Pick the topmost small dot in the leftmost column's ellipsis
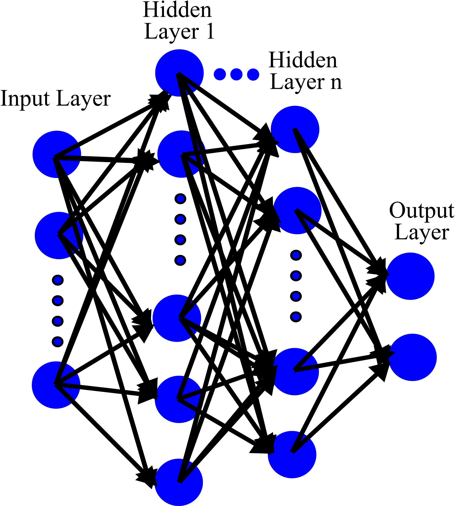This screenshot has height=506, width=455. [58, 280]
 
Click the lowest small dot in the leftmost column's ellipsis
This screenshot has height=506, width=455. [58, 342]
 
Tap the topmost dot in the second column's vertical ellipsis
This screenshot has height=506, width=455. [180, 199]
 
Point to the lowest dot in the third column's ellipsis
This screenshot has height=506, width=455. [296, 317]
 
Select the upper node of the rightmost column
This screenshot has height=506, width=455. [410, 276]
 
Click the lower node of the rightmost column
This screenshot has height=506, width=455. [413, 357]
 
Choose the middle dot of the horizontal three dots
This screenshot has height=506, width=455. [236, 74]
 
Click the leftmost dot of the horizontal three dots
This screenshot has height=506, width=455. [220, 74]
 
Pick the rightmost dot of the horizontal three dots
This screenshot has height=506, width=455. [253, 74]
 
